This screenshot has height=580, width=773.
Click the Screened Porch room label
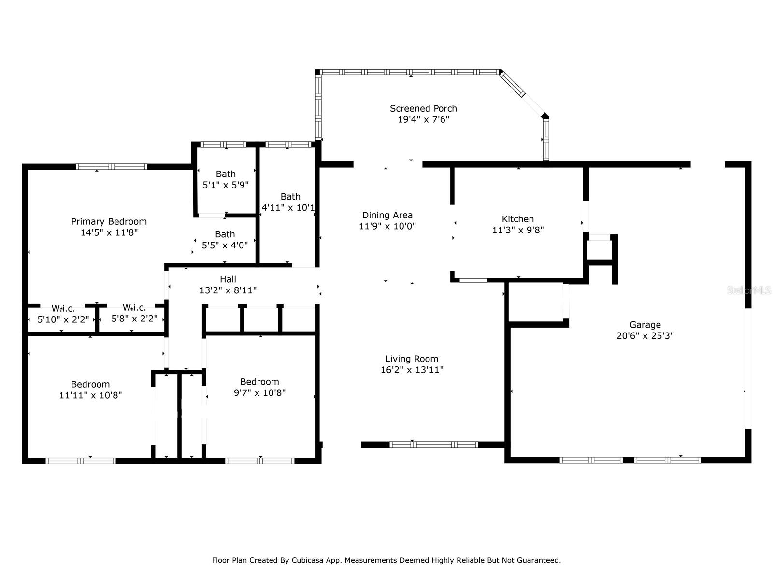coord(423,108)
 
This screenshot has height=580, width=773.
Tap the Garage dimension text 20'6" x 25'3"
coord(645,335)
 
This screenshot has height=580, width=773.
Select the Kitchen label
coord(518,219)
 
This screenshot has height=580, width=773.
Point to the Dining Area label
coord(387,215)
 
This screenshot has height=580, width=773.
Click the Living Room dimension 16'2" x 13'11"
coord(412,369)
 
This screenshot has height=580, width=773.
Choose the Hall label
coord(228,279)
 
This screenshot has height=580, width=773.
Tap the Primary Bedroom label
coord(109,221)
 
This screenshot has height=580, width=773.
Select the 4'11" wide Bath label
coord(290,197)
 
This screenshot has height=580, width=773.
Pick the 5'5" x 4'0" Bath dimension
coord(225,245)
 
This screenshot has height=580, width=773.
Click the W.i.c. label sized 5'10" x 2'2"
coord(63,309)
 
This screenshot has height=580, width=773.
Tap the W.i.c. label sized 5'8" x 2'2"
coord(134,308)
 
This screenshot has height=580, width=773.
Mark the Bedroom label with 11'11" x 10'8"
coord(90,384)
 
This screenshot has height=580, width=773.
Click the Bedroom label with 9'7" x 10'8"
coord(259,382)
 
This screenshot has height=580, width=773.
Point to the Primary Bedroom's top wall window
coord(111,167)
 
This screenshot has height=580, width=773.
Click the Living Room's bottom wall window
coord(433,444)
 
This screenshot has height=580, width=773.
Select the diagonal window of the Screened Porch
coord(513,84)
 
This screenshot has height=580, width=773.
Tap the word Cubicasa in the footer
coord(306,560)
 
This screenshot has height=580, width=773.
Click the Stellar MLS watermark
coord(749,290)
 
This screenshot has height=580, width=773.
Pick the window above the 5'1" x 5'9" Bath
coord(223,145)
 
